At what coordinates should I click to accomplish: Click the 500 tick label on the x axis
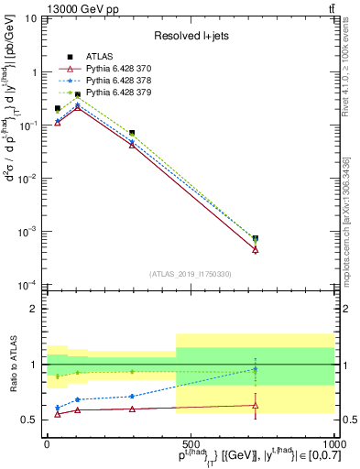click(191, 442)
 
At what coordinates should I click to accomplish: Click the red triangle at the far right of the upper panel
click(256, 249)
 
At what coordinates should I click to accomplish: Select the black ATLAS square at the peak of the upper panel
click(78, 94)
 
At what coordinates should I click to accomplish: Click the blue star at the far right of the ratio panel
click(256, 369)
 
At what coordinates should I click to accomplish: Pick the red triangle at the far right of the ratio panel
click(256, 405)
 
